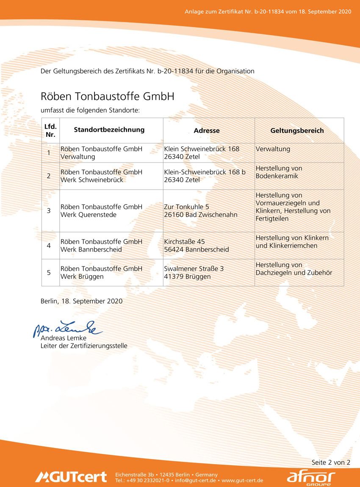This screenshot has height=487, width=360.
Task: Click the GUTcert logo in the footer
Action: pyautogui.click(x=71, y=477)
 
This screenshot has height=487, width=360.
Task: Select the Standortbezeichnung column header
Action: pyautogui.click(x=109, y=130)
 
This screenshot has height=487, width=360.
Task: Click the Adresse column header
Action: pyautogui.click(x=207, y=130)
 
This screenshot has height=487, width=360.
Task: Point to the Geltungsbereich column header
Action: pyautogui.click(x=297, y=130)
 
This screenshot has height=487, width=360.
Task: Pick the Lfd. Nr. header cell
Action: pyautogui.click(x=50, y=130)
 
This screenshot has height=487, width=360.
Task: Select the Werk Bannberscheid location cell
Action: pyautogui.click(x=102, y=245)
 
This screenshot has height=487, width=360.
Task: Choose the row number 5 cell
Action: pyautogui.click(x=49, y=272)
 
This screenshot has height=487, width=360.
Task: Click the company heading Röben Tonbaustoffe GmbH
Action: pyautogui.click(x=108, y=96)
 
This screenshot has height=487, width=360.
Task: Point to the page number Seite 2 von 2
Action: pyautogui.click(x=331, y=462)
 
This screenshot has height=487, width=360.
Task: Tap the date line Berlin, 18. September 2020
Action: pyautogui.click(x=81, y=301)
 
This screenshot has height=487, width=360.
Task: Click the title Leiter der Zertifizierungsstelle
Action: pyautogui.click(x=84, y=346)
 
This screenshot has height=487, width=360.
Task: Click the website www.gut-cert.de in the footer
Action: pyautogui.click(x=242, y=481)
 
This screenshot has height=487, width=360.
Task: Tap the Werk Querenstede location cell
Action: pyautogui.click(x=102, y=210)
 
